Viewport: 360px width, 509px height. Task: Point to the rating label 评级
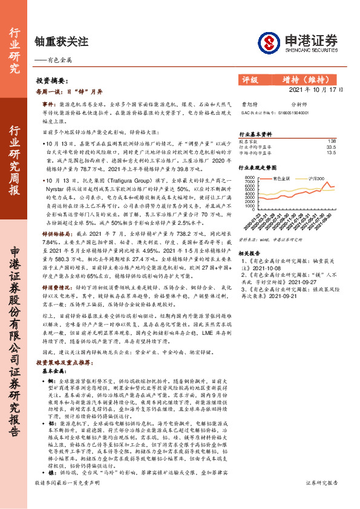click(x=249, y=80)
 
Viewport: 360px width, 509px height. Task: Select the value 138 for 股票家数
click(x=331, y=141)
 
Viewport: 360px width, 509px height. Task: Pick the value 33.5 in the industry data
click(x=330, y=146)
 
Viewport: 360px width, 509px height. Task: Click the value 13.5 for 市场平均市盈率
click(x=330, y=152)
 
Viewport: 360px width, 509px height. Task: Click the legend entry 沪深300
click(x=318, y=179)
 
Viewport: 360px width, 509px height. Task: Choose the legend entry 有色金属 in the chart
click(x=282, y=179)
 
